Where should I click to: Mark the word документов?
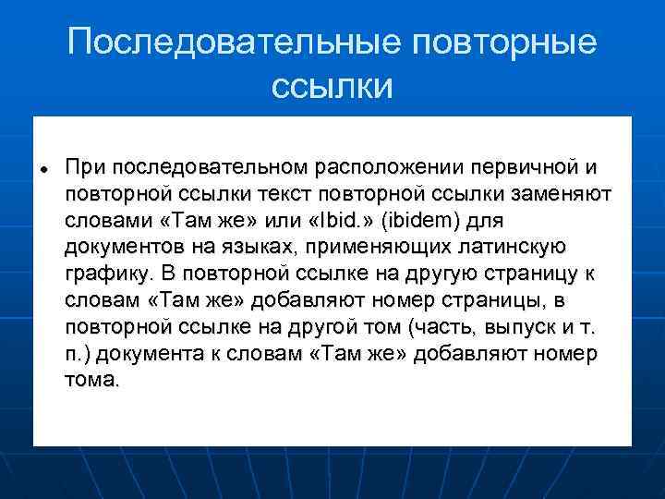pos(122,249)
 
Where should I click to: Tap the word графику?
pos(107,275)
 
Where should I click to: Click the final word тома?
pos(92,381)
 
